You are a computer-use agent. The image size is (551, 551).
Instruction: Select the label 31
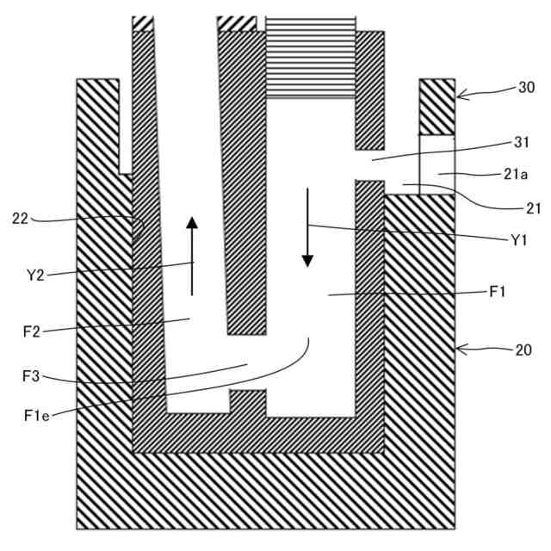point(519,143)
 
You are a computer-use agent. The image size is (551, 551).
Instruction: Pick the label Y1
point(518,241)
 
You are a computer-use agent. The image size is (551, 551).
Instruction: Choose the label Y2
point(36,275)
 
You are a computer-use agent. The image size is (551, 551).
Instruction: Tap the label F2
point(35,330)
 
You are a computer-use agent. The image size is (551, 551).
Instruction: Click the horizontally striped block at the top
point(310,56)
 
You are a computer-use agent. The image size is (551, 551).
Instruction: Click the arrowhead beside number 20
point(460,349)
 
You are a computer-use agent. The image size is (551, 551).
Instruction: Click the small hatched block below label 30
point(436,107)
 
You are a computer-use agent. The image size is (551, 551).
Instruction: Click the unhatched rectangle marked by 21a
point(436,164)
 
